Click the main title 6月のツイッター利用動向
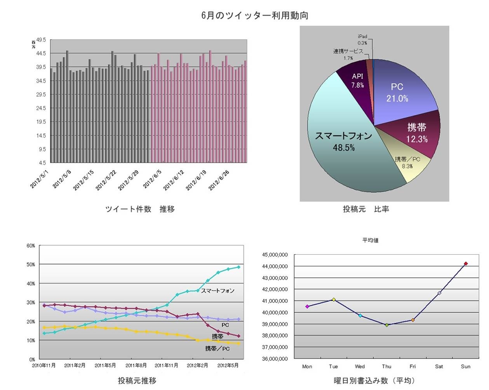tap(255, 16)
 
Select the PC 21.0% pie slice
tap(400, 93)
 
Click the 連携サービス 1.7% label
tap(348, 54)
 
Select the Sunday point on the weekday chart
tap(466, 264)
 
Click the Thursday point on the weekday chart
tap(386, 325)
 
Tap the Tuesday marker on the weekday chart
tap(334, 299)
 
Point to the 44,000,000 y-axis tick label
tap(275, 266)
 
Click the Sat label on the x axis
tap(439, 366)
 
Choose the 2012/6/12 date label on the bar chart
tap(174, 180)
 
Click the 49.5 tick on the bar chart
tap(41, 40)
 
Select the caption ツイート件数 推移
tap(140, 209)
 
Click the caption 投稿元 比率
tap(366, 209)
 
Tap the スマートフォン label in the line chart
tap(218, 290)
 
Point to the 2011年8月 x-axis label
tap(136, 366)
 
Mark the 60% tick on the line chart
tap(31, 246)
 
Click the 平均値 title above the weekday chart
tap(370, 240)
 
